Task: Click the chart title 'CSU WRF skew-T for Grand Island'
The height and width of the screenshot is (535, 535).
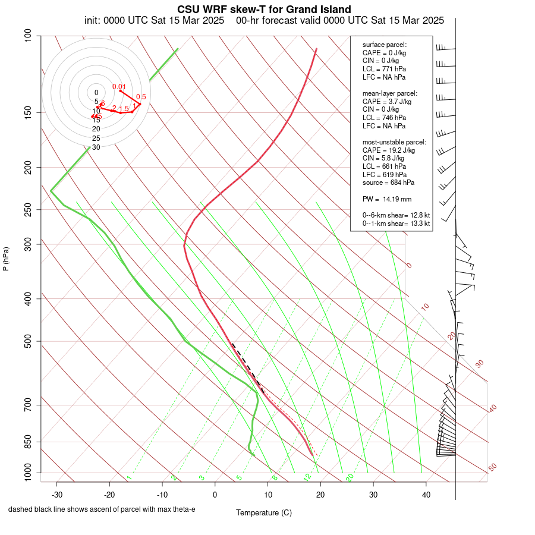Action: point(264,10)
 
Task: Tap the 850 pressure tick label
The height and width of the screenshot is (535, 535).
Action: point(27,442)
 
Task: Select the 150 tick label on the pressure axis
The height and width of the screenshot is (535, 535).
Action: point(27,112)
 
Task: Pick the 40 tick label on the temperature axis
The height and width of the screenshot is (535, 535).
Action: point(426,495)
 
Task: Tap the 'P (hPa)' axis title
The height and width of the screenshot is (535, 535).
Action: point(6,259)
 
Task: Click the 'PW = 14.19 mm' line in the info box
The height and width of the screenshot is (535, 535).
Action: point(387,199)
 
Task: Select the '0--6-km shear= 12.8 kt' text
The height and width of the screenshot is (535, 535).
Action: point(396,215)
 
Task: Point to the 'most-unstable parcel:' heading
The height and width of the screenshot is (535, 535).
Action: point(394,142)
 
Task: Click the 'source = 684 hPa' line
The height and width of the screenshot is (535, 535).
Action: point(389,182)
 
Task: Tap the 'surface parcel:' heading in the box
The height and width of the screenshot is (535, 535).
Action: point(385,45)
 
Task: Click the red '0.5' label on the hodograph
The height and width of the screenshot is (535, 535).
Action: point(141,97)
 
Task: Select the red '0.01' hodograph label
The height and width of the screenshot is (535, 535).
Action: point(119,87)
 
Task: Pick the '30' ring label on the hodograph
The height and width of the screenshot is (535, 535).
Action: point(96,147)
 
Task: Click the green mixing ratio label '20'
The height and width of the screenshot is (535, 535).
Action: point(350,477)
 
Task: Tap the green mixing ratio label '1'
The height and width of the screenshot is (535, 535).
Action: point(129,477)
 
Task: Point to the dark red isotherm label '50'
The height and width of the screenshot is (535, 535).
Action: point(492,468)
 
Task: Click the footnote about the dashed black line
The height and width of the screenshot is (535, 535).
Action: point(102,509)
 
